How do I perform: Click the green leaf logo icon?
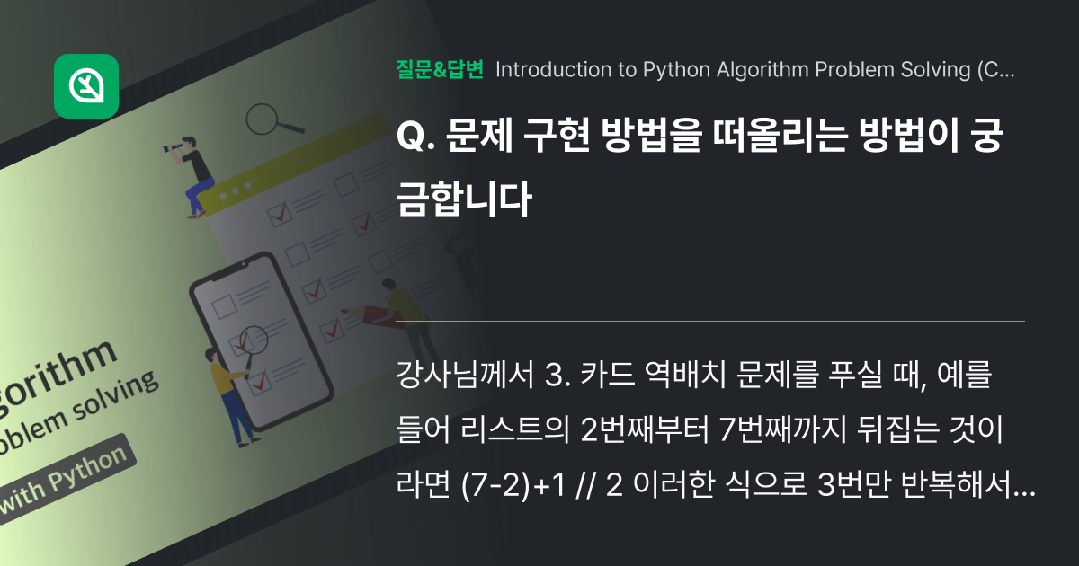click(x=86, y=86)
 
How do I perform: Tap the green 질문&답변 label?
click(x=440, y=70)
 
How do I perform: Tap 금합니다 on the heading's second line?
click(x=463, y=199)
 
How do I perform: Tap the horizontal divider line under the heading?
click(x=710, y=321)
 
